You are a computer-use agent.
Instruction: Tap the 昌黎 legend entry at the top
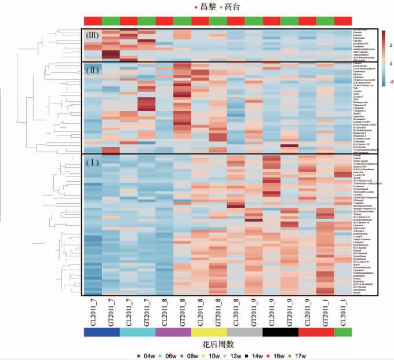pyautogui.click(x=206, y=7)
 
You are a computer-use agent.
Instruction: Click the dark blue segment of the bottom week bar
pyautogui.click(x=101, y=332)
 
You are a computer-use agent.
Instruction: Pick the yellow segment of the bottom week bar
pyautogui.click(x=209, y=332)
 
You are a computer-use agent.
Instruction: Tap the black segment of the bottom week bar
pyautogui.click(x=280, y=332)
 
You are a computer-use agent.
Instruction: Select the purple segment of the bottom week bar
pyautogui.click(x=173, y=332)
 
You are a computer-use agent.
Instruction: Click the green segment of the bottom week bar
pyautogui.click(x=344, y=332)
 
